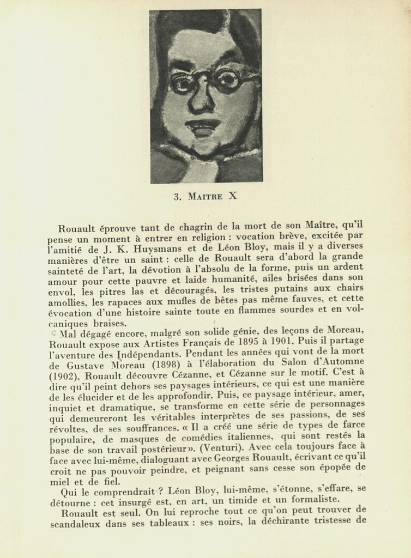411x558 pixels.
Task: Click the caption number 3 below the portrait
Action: [177, 197]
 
